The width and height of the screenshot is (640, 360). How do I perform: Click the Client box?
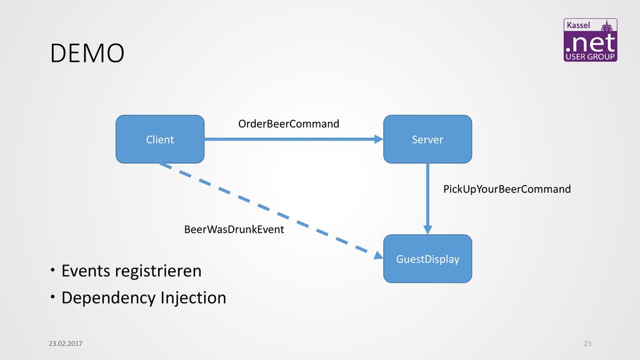pos(160,139)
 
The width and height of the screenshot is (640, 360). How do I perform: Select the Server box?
pos(427,139)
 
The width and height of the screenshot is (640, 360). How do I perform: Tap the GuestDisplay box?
pos(427,259)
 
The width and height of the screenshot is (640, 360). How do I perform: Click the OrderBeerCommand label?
pos(289,124)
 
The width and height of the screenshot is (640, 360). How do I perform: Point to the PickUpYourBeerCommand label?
pos(507,189)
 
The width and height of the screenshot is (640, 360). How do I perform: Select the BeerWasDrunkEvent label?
pos(234,229)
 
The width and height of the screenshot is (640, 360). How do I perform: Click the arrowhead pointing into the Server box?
pos(379,139)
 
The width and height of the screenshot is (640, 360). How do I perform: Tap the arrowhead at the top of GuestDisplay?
pos(427,230)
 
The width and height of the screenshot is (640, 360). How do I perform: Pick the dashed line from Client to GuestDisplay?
pos(271,211)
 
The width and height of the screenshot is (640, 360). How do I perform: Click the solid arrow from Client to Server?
pos(294,139)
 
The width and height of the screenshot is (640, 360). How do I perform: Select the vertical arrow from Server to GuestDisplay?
pos(427,199)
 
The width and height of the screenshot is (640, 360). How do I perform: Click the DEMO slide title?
pos(87,54)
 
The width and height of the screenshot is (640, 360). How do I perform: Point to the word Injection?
pos(194,298)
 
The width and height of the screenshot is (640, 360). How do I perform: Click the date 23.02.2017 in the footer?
pos(65,344)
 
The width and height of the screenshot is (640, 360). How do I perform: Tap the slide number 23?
pos(587,344)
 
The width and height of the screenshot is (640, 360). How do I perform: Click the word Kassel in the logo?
pos(578,25)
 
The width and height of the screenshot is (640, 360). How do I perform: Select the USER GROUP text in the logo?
pos(590,57)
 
